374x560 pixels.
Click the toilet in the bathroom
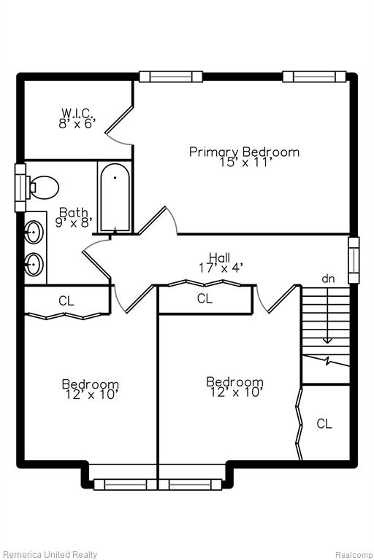43,187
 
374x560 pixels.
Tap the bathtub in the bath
115,197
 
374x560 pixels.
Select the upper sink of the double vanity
34,232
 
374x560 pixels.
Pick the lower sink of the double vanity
34,264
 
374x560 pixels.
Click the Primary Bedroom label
244,152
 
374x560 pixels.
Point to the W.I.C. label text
77,113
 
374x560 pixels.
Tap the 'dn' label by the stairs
328,279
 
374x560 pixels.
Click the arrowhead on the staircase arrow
327,341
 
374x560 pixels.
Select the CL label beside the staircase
324,424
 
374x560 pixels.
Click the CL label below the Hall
205,298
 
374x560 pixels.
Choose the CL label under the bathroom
66,300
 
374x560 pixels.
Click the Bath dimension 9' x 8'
74,222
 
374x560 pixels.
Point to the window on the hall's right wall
354,260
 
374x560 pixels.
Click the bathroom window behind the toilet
20,187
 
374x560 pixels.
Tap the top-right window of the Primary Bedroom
314,77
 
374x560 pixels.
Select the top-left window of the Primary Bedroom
171,77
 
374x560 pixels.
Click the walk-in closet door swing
118,126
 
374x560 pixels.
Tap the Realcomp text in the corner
354,555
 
